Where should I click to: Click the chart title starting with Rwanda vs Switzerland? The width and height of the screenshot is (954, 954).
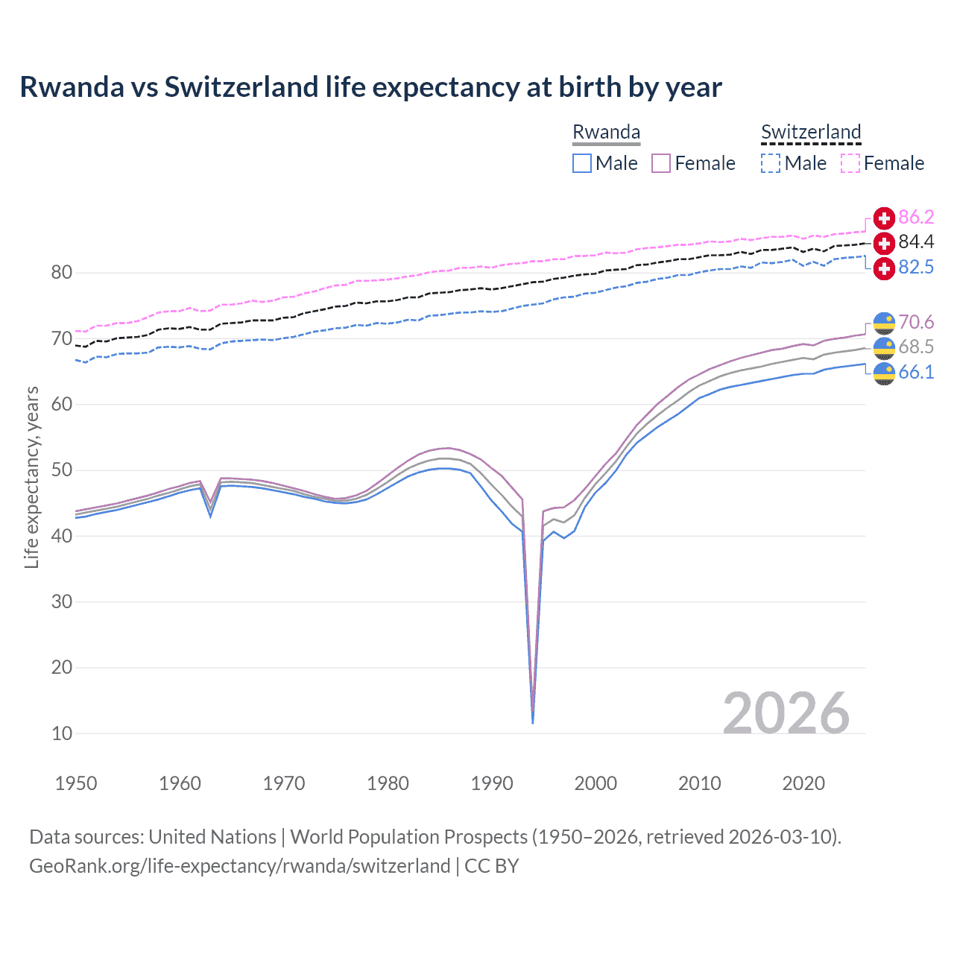370,87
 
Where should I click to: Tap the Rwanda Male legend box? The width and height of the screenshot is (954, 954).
582,163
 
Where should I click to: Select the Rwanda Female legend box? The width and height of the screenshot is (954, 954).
661,163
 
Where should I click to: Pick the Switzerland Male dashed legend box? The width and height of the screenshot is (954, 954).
771,163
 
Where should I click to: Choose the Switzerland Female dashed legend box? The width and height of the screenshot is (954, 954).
850,163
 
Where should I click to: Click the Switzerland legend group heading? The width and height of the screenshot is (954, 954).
811,132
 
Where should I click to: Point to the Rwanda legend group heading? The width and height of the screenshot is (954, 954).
606,132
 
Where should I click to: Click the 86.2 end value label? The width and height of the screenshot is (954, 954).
916,217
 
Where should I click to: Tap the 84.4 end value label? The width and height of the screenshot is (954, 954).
916,241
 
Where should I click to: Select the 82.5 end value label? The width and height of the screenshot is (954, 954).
916,267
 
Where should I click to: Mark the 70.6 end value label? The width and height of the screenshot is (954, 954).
916,322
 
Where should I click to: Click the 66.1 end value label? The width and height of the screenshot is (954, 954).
916,372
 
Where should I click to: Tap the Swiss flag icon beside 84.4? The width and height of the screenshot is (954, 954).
884,243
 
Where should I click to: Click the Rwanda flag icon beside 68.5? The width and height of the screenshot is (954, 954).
884,347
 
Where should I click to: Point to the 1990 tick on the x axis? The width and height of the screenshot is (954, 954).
492,783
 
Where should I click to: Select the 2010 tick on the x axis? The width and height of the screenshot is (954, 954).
699,783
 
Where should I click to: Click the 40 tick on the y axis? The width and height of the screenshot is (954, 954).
62,536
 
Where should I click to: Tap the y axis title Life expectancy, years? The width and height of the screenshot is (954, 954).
31,477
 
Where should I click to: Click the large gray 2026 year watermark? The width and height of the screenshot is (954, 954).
786,713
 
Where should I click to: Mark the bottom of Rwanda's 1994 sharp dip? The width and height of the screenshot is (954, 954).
532,721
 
